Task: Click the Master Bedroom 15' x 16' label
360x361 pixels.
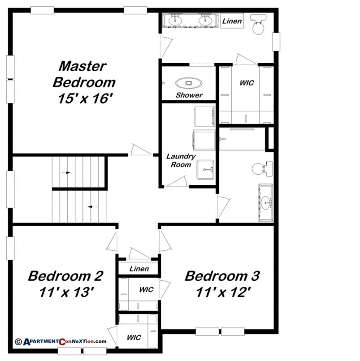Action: (83, 82)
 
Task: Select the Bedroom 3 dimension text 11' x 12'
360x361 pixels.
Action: (222, 292)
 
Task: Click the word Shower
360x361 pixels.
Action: (189, 95)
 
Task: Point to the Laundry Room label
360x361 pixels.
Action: (181, 160)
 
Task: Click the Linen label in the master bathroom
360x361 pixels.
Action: (232, 21)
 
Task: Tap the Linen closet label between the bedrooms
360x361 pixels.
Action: (139, 269)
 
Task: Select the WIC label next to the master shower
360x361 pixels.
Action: (246, 83)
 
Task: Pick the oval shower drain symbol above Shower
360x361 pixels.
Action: (188, 83)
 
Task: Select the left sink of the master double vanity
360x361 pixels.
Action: (174, 20)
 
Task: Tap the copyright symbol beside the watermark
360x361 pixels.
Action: (18, 341)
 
